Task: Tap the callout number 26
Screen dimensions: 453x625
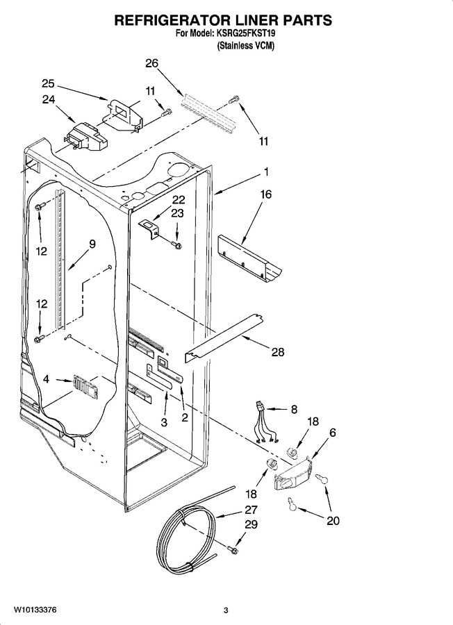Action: (x=151, y=63)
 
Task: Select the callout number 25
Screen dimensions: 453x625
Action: (x=48, y=84)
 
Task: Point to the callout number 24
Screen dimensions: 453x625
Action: (x=48, y=99)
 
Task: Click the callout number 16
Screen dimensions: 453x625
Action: (x=266, y=194)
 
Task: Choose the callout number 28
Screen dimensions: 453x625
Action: (x=278, y=351)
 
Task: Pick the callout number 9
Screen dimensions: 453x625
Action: (x=92, y=244)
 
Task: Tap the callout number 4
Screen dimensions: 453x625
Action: (x=47, y=379)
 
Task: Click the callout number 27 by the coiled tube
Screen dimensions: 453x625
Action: (x=251, y=510)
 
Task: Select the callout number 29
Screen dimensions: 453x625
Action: (x=251, y=524)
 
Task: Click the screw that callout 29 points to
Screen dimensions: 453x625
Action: (x=233, y=550)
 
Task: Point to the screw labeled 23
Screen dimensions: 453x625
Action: (x=176, y=244)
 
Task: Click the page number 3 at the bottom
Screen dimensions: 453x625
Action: (x=226, y=610)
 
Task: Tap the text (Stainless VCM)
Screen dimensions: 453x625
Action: (x=246, y=46)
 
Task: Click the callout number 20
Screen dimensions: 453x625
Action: (x=333, y=521)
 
